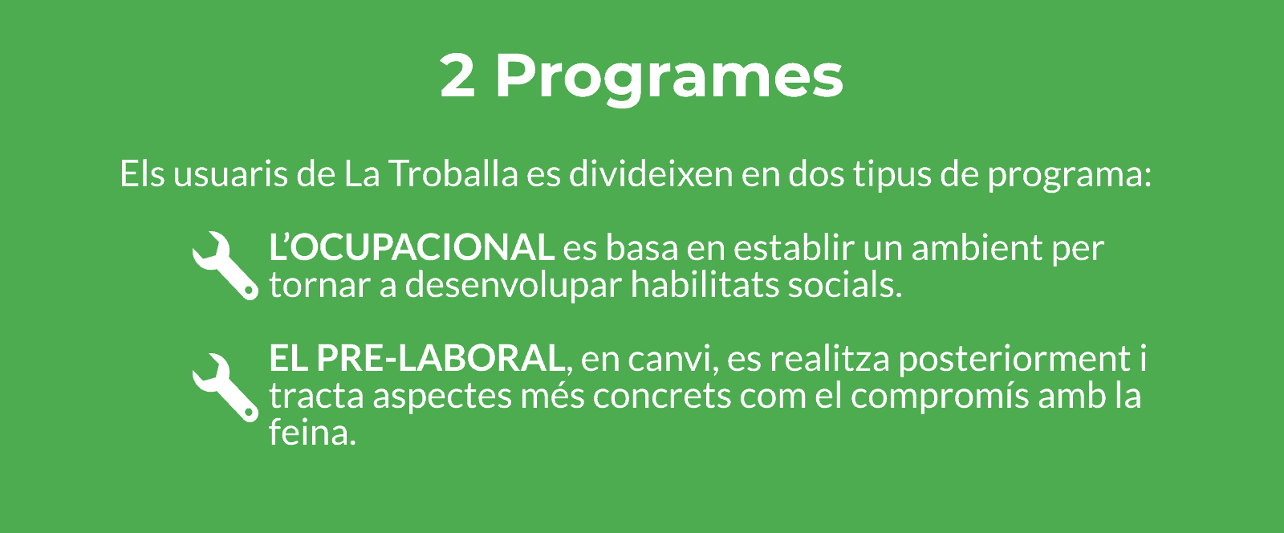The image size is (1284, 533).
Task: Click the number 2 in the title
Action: [x=457, y=75]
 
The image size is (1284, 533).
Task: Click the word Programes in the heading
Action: [x=669, y=79]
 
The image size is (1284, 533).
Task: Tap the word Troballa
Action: [x=453, y=173]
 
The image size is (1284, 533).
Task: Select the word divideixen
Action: [x=651, y=173]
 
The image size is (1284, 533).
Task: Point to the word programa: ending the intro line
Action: [x=1069, y=177]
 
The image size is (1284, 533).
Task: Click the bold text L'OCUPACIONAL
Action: [x=412, y=247]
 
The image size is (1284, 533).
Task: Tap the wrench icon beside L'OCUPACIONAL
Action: [x=226, y=266]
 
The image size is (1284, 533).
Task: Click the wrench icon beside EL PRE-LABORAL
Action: [x=226, y=388]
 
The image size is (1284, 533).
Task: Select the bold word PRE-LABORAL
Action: [x=441, y=358]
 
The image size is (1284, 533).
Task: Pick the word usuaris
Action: [x=230, y=173]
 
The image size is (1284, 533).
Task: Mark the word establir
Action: [x=794, y=247]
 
